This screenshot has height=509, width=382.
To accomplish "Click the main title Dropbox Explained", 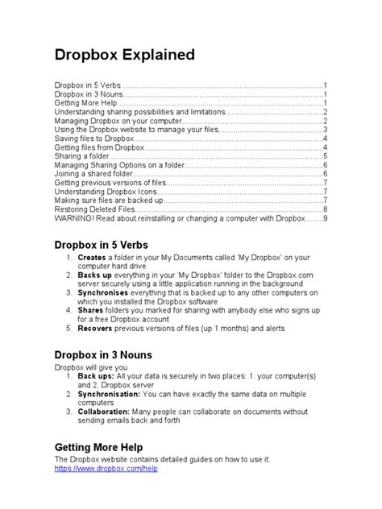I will tap(124, 56).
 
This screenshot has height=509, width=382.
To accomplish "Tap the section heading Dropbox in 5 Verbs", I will tap(106, 244).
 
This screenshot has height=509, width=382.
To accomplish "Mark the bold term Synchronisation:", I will tap(111, 395).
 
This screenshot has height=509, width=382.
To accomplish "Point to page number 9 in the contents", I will tap(325, 217).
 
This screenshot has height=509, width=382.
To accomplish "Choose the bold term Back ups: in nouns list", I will tap(96, 377).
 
